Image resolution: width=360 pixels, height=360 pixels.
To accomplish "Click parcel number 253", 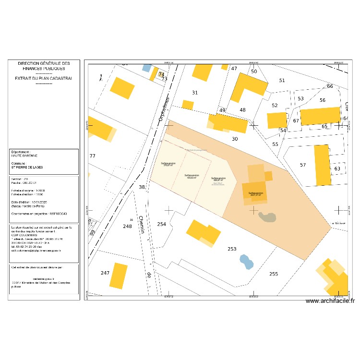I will click(232, 249).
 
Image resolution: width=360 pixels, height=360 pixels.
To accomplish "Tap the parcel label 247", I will click(105, 273).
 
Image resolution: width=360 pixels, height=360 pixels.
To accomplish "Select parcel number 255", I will click(273, 274).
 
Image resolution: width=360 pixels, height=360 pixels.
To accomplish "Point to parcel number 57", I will click(302, 165).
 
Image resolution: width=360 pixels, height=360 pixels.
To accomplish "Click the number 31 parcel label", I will click(194, 93).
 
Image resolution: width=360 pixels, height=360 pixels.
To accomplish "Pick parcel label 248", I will click(127, 226).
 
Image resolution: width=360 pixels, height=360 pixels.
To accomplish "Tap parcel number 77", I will click(93, 156).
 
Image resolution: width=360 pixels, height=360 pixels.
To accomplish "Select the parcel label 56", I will click(323, 100).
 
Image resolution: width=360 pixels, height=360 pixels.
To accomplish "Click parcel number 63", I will click(337, 168).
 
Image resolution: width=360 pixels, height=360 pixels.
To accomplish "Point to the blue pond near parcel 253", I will click(246, 262).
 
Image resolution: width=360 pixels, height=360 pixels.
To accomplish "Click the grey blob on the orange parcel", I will click(267, 217).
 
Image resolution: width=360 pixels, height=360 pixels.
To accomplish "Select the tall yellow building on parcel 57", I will click(322, 165).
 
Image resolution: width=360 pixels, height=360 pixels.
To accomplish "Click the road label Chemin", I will click(142, 226).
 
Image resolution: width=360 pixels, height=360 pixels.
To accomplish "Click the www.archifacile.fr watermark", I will click(329, 301).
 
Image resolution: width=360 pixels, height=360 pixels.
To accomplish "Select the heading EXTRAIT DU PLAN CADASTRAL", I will click(44, 78).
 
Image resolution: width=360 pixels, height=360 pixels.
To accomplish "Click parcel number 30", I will click(235, 139).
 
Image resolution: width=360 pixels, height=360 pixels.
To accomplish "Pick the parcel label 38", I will click(142, 187).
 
